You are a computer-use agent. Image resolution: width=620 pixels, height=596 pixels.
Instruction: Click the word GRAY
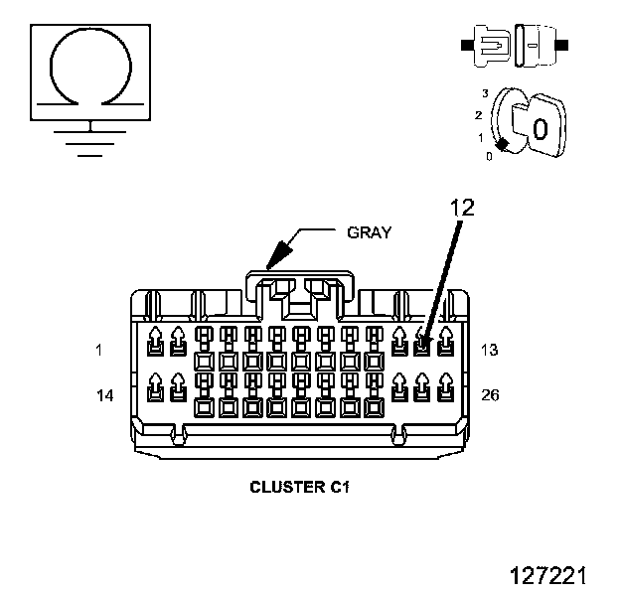[369, 232]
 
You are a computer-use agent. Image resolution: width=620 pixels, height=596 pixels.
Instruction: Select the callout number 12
[462, 208]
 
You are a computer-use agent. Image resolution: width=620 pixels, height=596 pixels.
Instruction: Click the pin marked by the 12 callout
[422, 342]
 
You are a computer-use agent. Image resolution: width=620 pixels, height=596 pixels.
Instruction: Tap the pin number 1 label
[98, 350]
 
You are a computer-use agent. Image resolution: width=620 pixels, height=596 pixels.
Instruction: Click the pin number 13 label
[490, 350]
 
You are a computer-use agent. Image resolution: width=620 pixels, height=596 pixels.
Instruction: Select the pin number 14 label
[105, 395]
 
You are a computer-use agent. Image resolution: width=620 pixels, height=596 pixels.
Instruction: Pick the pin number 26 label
[490, 394]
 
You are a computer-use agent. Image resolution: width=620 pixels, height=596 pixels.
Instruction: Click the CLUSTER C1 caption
[300, 487]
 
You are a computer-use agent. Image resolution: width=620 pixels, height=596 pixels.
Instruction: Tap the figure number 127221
[548, 575]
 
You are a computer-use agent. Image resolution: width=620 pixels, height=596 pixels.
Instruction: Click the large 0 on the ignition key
[541, 129]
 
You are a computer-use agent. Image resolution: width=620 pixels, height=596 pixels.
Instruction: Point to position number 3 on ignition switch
[485, 93]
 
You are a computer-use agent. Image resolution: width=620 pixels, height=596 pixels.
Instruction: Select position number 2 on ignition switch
[479, 115]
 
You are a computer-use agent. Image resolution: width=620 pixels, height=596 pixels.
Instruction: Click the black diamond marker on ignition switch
[502, 145]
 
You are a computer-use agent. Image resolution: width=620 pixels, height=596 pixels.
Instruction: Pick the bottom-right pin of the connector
[445, 387]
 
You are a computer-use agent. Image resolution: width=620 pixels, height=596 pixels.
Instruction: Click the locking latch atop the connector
[300, 273]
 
